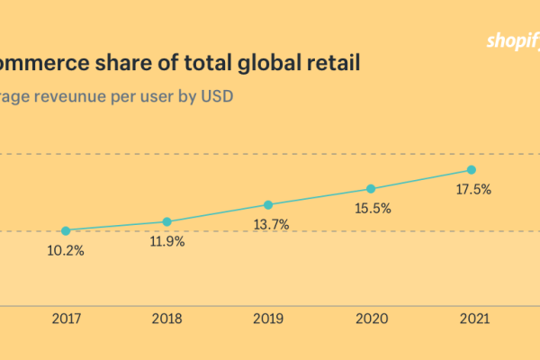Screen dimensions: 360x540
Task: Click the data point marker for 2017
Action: pyautogui.click(x=66, y=230)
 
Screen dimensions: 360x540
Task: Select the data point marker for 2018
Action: pyautogui.click(x=166, y=221)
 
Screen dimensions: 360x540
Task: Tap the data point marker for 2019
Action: pyautogui.click(x=267, y=204)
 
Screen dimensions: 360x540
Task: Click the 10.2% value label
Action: pyautogui.click(x=66, y=251)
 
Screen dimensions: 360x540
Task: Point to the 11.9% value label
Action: pyautogui.click(x=166, y=242)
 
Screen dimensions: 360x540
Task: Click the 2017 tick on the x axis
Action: pyautogui.click(x=66, y=319)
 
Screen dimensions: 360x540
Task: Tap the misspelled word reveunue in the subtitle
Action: pyautogui.click(x=71, y=95)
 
